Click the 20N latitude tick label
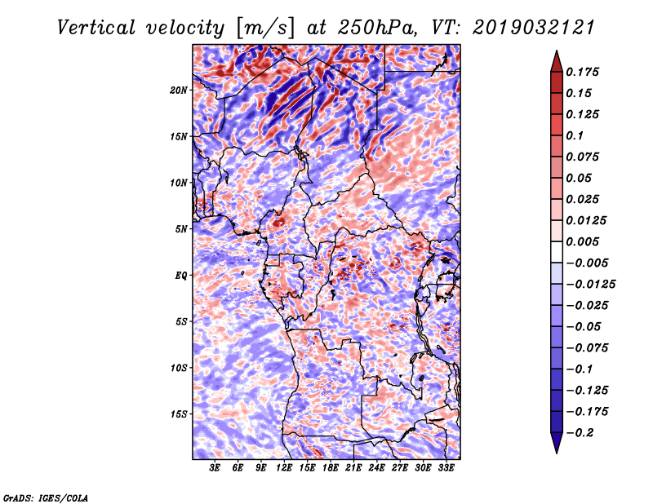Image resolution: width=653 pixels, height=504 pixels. [179, 90]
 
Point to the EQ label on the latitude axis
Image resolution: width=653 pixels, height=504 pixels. [182, 276]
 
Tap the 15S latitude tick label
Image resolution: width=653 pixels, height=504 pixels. [179, 414]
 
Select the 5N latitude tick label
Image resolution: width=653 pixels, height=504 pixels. [181, 229]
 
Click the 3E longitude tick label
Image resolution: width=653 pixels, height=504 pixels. [215, 469]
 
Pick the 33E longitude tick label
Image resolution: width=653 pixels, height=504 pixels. [446, 469]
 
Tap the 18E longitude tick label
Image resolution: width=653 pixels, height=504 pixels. [331, 469]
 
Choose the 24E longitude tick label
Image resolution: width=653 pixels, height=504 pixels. [377, 469]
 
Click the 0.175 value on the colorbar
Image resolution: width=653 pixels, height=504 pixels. [584, 72]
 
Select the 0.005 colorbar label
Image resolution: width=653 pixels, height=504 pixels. [584, 241]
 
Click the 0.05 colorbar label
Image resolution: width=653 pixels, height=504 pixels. [580, 178]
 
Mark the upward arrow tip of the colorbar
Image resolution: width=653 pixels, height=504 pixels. [556, 54]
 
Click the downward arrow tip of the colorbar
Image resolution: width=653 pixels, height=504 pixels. [556, 450]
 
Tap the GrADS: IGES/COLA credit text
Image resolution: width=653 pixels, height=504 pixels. [45, 496]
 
